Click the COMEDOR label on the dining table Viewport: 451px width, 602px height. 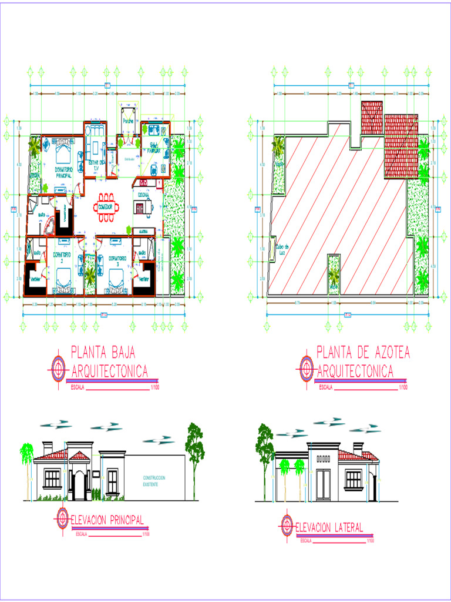(105, 208)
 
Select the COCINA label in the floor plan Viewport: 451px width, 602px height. (143, 195)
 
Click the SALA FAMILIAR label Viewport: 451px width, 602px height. (155, 147)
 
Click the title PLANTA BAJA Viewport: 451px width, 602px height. (103, 352)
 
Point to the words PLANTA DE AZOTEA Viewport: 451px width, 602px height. (363, 352)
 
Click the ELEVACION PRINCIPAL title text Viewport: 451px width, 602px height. (107, 520)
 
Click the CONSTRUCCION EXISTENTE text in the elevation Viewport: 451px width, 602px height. (154, 480)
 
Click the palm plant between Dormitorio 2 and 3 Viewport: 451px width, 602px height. (90, 275)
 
